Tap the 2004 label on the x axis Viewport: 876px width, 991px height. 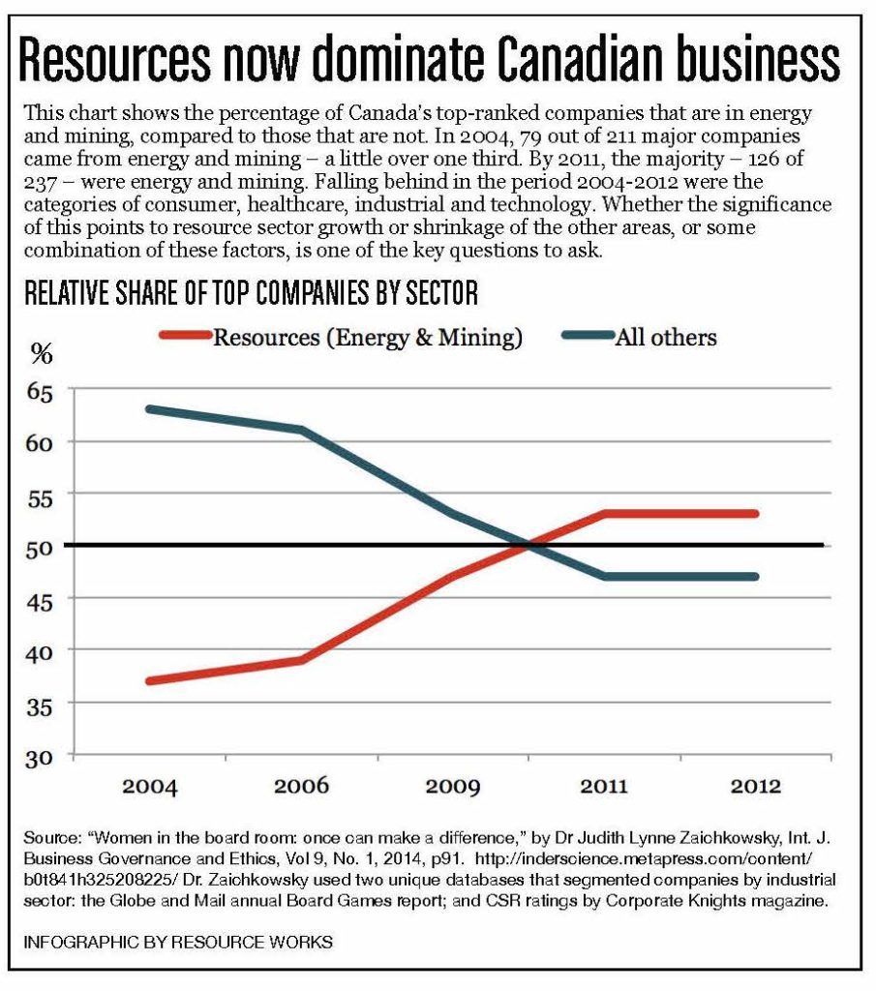click(x=149, y=784)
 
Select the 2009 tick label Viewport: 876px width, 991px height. click(x=453, y=784)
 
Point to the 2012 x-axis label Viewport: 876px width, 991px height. click(x=757, y=784)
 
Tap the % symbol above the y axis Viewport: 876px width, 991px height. click(x=41, y=354)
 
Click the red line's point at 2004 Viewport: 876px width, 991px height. click(x=150, y=681)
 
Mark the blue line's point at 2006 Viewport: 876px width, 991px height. click(x=302, y=430)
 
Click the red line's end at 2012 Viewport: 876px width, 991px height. click(x=756, y=514)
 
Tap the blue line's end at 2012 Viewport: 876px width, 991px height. click(x=756, y=577)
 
